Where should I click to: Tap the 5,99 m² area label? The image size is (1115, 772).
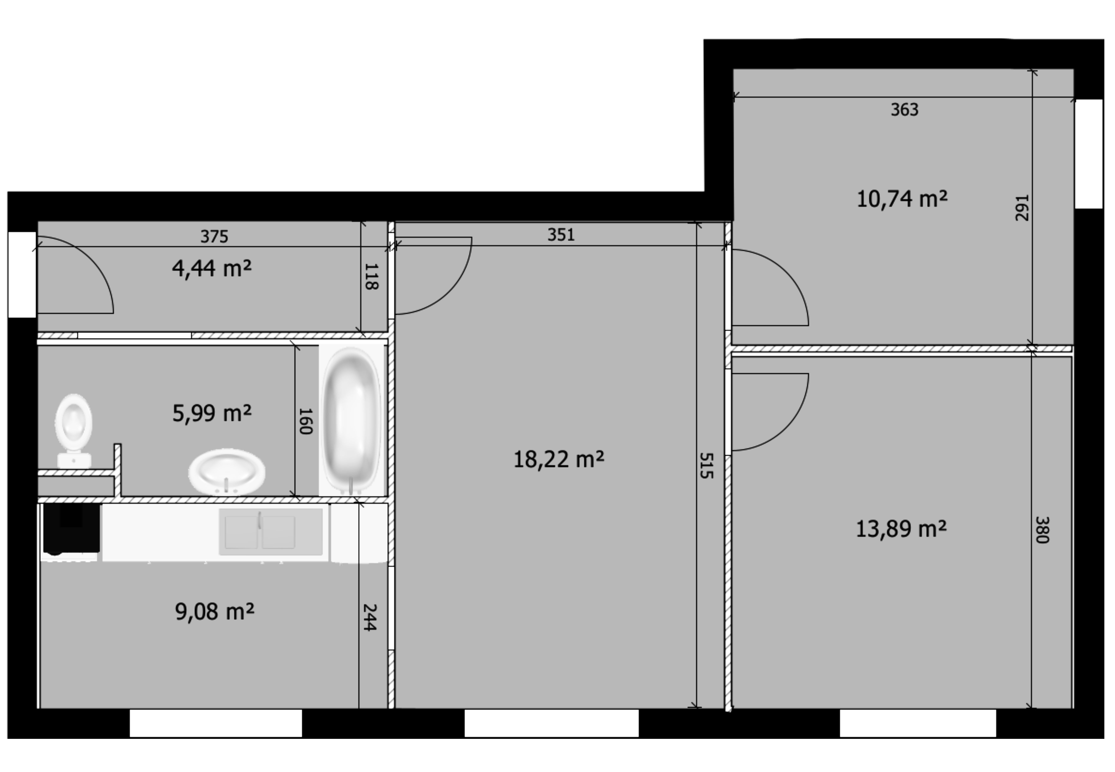(212, 413)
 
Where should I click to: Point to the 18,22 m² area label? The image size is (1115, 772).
(559, 459)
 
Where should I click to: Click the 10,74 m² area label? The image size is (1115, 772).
(902, 199)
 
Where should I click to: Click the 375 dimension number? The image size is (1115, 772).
(214, 237)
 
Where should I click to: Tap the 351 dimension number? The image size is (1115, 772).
(561, 235)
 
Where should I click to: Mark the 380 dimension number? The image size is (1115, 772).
(1042, 530)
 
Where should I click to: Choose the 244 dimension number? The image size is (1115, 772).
(370, 617)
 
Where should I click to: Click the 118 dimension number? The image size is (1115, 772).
(371, 277)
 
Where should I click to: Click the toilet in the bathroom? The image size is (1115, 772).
(74, 430)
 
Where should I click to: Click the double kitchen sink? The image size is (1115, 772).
(271, 532)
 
